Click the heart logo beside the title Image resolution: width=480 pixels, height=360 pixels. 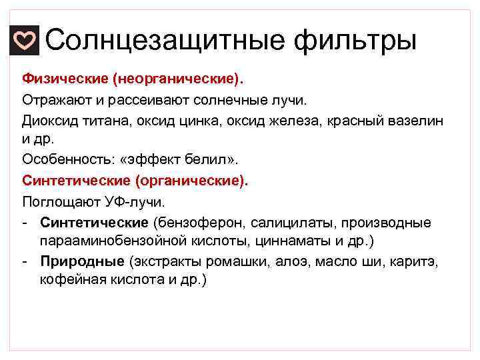[25, 41]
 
